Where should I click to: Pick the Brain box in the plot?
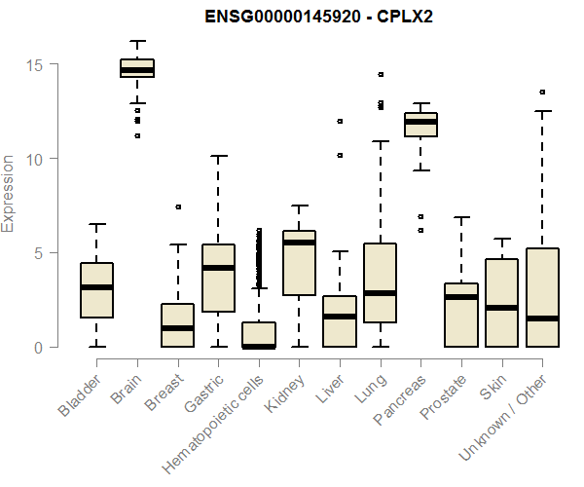coord(137,67)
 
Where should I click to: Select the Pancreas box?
coord(420,124)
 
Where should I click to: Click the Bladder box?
coord(96,290)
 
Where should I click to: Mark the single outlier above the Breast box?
coord(178,206)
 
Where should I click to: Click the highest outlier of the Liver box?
coord(340,122)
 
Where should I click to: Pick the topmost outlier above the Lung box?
coord(381,74)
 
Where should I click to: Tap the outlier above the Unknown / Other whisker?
coord(542,93)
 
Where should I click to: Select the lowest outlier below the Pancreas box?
coord(420,231)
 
